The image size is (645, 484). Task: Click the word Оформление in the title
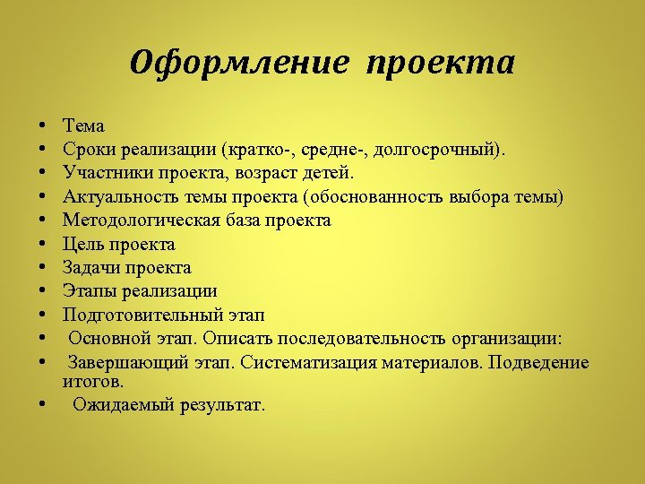238,63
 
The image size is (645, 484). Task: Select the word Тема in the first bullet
83,126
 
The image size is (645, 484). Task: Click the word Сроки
86,150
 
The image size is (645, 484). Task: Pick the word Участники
101,173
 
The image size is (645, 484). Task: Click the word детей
331,173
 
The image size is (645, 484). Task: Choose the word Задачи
90,267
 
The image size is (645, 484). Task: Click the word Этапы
88,290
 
